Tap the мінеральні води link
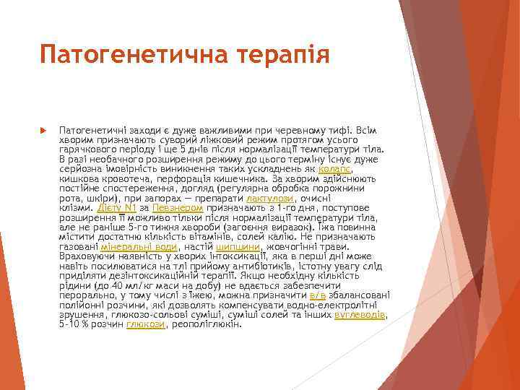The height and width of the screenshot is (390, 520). pos(144,246)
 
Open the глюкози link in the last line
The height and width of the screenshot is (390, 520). pos(146,325)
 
